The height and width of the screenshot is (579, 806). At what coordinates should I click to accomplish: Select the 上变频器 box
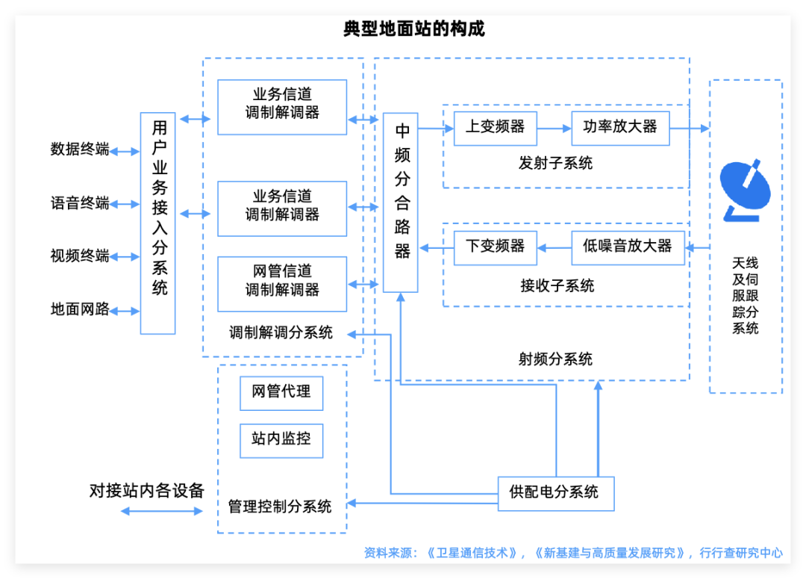495,128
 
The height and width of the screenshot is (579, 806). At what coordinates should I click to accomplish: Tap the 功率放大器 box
620,128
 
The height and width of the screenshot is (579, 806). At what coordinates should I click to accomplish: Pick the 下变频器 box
495,247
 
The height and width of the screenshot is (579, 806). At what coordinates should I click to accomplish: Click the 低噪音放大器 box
628,247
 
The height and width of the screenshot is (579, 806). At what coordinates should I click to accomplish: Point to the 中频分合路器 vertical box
401,202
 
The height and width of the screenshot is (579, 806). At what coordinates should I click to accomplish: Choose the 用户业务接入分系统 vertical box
158,223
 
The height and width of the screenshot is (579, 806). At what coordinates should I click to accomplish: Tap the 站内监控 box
281,440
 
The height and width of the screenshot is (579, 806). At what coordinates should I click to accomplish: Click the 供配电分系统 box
556,493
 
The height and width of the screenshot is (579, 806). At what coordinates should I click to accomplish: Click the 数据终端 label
80,149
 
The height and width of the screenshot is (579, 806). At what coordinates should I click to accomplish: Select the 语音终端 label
80,203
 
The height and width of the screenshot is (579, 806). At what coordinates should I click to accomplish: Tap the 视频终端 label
80,256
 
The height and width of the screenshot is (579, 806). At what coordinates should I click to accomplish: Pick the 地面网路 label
80,310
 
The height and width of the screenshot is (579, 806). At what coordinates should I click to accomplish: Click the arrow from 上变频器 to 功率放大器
554,129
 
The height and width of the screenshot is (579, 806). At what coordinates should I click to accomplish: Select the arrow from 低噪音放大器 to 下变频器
554,247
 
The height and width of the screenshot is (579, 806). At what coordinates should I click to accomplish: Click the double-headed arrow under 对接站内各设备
162,512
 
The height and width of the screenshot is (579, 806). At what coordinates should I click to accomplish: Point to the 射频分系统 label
555,359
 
